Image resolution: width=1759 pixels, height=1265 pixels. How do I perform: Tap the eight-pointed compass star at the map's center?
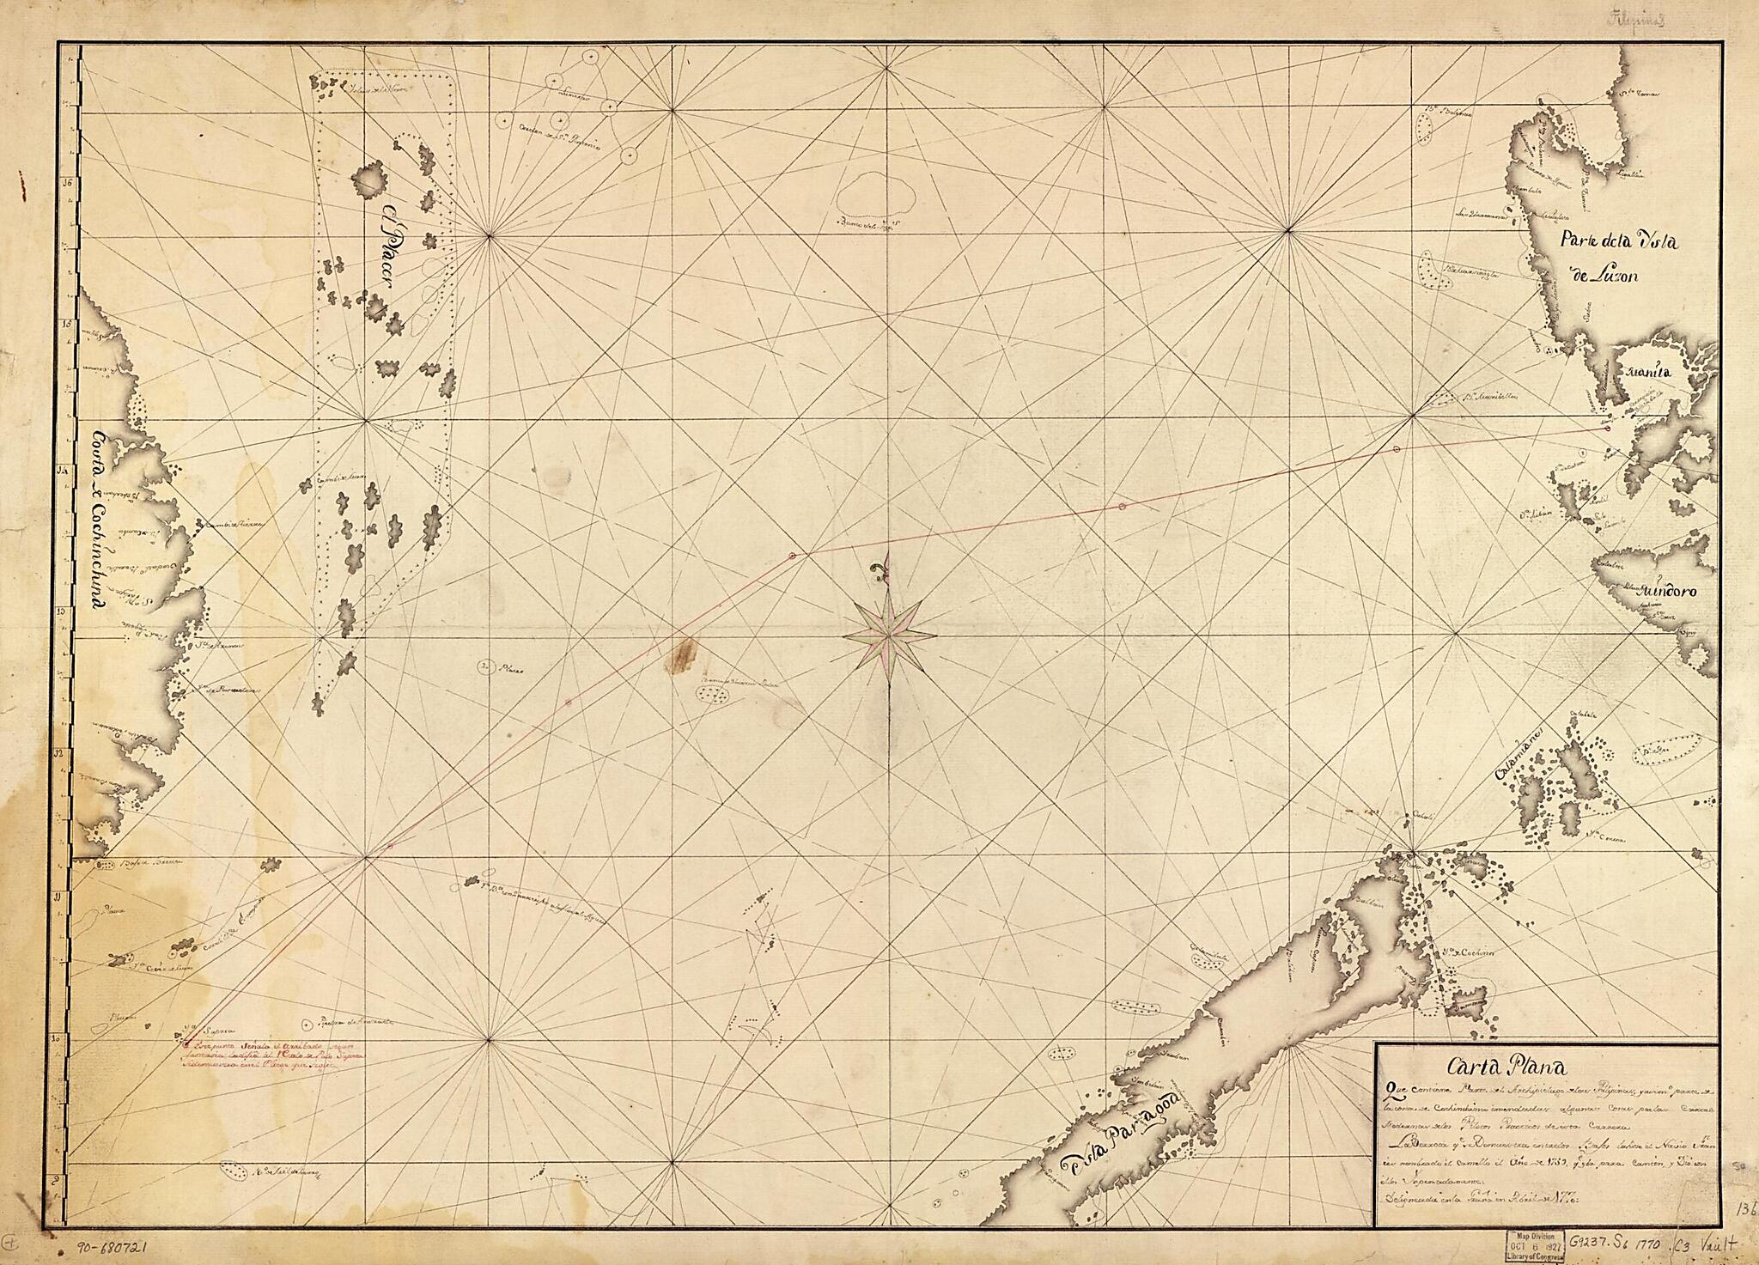coord(889,636)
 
